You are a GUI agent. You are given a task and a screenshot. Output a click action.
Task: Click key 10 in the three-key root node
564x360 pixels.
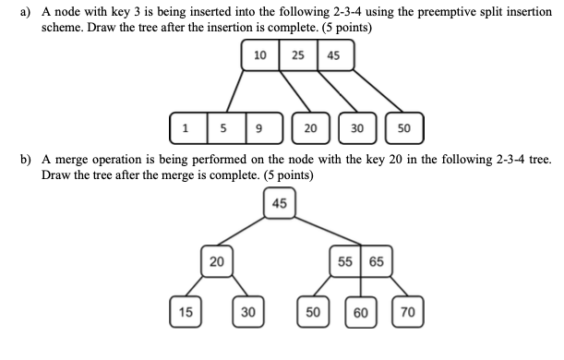coord(260,55)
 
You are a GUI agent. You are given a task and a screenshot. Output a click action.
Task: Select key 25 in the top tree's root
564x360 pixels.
coord(297,55)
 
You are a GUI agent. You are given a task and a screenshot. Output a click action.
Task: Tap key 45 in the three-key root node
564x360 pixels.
coord(332,55)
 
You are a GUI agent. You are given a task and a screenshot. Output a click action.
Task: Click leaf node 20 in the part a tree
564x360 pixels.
coord(310,128)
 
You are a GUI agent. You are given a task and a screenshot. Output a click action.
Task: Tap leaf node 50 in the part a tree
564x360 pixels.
coord(404,128)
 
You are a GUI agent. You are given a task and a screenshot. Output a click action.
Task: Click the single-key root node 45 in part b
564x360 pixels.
coord(280,203)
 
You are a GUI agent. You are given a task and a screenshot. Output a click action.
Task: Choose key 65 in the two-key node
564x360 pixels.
coord(377,261)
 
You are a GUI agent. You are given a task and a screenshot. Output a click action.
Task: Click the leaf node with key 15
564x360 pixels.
coord(185,312)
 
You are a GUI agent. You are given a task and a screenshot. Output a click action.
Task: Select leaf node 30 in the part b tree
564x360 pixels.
coord(247,312)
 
